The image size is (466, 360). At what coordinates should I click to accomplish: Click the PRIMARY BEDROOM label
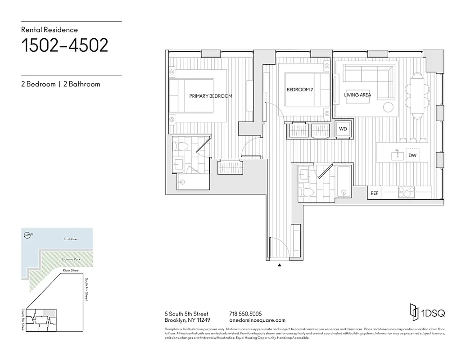tap(210, 96)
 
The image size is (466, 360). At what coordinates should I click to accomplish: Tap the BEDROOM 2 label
tap(299, 90)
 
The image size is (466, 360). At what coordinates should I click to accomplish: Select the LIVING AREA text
tap(357, 95)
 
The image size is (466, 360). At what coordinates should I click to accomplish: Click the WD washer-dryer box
tap(343, 129)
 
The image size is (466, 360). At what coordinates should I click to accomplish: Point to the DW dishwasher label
tap(412, 156)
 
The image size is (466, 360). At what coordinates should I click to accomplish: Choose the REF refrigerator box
tap(374, 193)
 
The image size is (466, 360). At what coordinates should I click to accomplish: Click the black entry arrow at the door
tap(280, 265)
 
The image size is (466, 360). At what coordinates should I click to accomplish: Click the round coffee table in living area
tap(388, 107)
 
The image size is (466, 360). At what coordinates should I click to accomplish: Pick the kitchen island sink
tap(396, 155)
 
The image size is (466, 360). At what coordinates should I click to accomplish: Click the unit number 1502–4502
tap(65, 45)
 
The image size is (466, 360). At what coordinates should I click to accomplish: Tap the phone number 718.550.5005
tap(245, 314)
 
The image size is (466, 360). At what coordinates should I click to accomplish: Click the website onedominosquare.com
tap(257, 320)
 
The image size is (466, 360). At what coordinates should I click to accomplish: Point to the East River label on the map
tap(70, 239)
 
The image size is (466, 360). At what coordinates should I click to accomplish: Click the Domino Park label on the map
tap(70, 260)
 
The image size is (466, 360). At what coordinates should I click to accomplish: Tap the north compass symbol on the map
tap(28, 234)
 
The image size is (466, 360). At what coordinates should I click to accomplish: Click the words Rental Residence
tap(50, 30)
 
